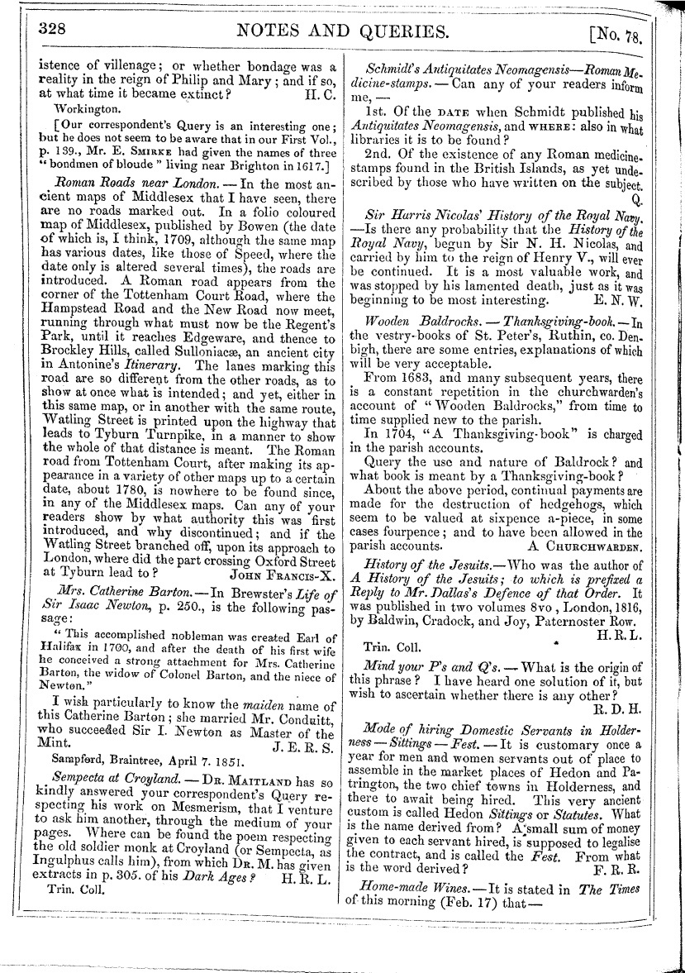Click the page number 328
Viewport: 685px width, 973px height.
point(53,29)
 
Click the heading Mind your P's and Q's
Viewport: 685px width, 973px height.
point(424,642)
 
